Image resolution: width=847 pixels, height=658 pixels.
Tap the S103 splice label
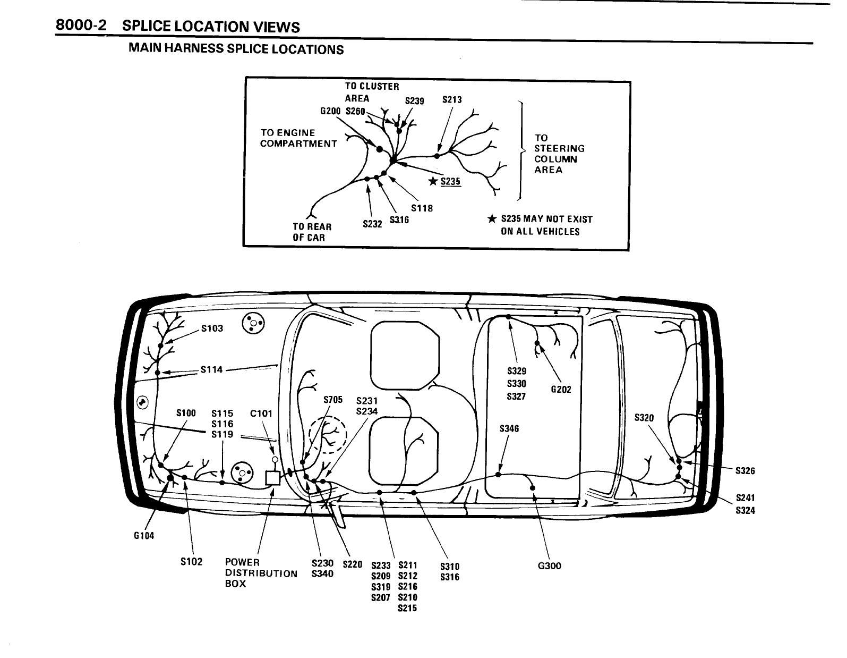(x=212, y=328)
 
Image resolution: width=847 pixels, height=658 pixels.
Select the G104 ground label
(x=144, y=536)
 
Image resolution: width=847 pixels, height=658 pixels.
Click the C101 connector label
(x=261, y=413)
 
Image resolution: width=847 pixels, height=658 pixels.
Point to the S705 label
(x=333, y=400)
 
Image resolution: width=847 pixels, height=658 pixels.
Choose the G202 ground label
(x=561, y=390)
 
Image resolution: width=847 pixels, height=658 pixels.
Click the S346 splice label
(x=509, y=428)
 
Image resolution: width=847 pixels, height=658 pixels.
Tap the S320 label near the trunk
(x=644, y=418)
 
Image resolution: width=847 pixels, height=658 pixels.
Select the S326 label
(x=745, y=470)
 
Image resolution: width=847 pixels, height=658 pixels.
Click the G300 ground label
(x=549, y=566)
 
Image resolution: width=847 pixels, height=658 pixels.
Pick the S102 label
(x=192, y=562)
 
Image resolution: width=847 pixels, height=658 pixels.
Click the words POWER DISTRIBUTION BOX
(x=261, y=573)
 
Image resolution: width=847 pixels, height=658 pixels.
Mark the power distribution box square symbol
(x=272, y=477)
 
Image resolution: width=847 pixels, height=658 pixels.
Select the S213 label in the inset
(x=452, y=100)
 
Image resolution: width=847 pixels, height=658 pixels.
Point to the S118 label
(x=422, y=208)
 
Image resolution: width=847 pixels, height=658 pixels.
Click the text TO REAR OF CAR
(x=312, y=232)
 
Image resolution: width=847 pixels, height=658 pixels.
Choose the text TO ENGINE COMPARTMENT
(x=298, y=138)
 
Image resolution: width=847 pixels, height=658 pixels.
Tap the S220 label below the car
(x=353, y=564)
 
